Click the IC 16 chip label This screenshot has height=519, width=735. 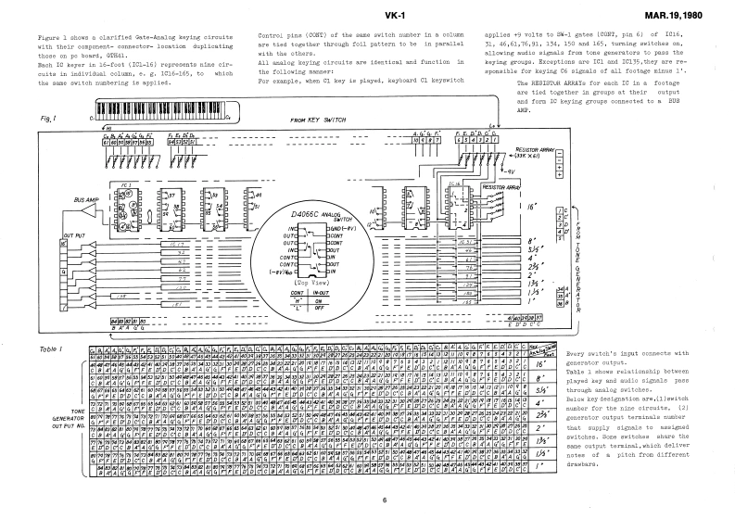tap(453, 184)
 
